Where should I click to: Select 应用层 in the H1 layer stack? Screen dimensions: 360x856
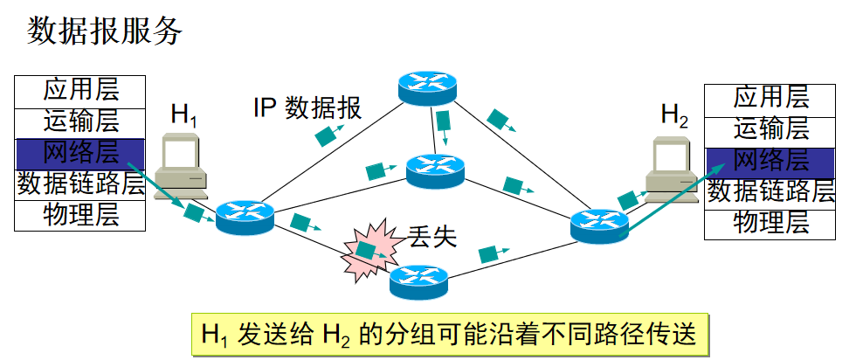(x=80, y=89)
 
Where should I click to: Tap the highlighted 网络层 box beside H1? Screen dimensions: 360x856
(x=80, y=154)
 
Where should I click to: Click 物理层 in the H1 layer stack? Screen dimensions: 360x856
(x=80, y=215)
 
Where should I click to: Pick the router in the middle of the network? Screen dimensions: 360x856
(x=434, y=170)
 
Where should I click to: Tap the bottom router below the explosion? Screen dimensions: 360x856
(x=417, y=279)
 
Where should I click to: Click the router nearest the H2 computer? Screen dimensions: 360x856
(x=598, y=225)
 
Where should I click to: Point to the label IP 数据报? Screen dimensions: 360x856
(x=307, y=108)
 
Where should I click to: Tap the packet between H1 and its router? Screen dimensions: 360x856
(x=194, y=210)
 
